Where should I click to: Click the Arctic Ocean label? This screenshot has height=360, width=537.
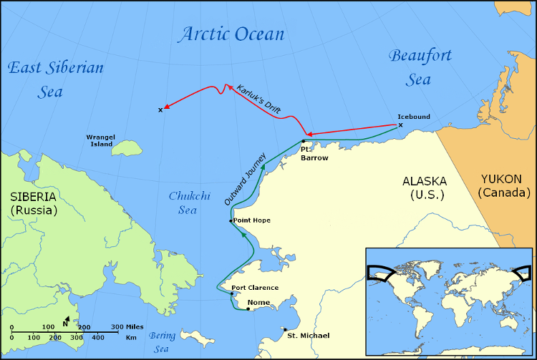[x=231, y=34]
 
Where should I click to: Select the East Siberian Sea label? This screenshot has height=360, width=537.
[x=55, y=79]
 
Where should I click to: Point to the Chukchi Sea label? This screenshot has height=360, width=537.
[x=183, y=203]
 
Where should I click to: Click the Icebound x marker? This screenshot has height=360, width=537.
[x=400, y=125]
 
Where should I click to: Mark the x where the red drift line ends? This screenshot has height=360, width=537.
[x=160, y=110]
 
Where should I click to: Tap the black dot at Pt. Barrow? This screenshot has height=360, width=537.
[x=304, y=141]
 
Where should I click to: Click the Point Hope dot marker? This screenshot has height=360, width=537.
[x=231, y=221]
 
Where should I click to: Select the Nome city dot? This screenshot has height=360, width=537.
[x=248, y=309]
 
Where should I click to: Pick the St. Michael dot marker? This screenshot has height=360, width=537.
[x=285, y=330]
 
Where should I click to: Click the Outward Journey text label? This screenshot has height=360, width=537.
[x=245, y=179]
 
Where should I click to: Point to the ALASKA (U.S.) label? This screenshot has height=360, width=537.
[x=424, y=188]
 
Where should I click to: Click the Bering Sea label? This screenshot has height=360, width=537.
[x=163, y=341]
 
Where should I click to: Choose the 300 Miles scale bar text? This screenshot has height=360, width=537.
[x=127, y=326]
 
